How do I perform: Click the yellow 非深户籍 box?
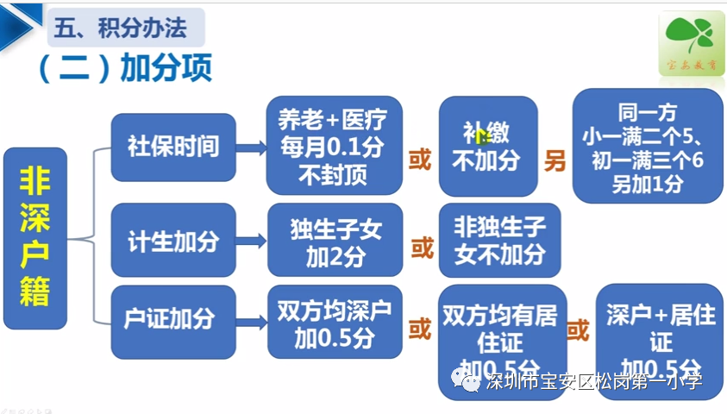(x=35, y=238)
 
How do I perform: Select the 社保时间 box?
(x=173, y=147)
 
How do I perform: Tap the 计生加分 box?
(x=173, y=240)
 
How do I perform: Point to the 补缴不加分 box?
(x=487, y=147)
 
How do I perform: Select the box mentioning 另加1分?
(x=647, y=146)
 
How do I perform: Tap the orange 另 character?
(x=555, y=160)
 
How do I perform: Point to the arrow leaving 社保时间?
(x=251, y=147)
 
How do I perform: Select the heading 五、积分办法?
(x=122, y=28)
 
